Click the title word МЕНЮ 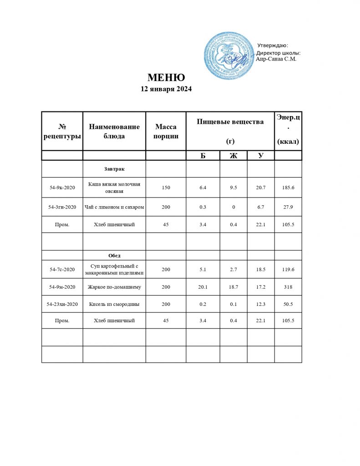(x=166, y=77)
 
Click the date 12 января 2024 (x=166, y=89)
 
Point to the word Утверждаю (x=272, y=45)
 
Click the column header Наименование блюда (x=114, y=131)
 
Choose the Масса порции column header (x=166, y=131)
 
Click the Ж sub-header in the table (x=233, y=156)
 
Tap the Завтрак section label (x=114, y=169)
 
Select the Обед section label (x=114, y=255)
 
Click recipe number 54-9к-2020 (x=62, y=187)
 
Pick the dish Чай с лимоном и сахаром (x=114, y=207)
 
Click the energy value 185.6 (x=288, y=187)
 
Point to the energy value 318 (x=288, y=287)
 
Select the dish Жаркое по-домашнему (x=114, y=287)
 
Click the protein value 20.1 (x=203, y=287)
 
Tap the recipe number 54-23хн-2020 (x=62, y=304)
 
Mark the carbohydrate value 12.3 (x=261, y=304)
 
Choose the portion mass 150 (x=166, y=187)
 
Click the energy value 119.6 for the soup (x=288, y=269)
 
